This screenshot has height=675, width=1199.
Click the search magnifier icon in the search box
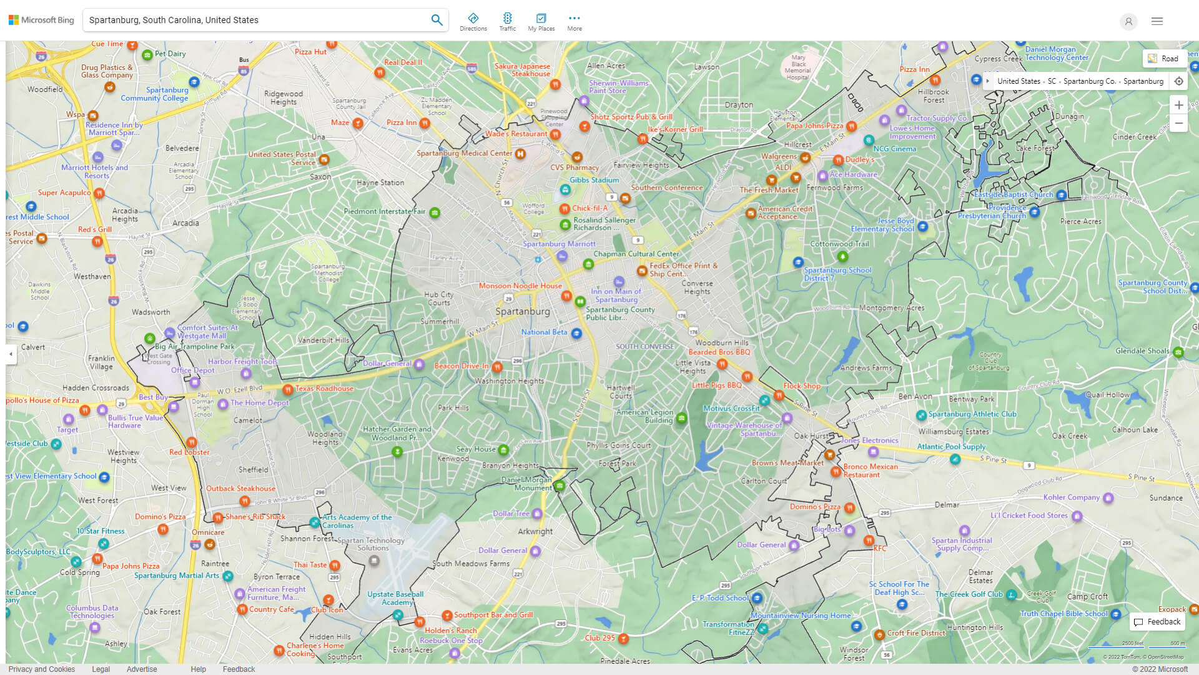tap(437, 20)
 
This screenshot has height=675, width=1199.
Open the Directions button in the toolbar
tap(473, 21)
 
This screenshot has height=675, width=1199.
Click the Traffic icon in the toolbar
tap(507, 21)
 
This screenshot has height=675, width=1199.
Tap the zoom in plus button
tap(1178, 105)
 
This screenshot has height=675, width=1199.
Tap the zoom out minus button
tap(1178, 124)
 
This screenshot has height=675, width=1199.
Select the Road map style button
tap(1163, 59)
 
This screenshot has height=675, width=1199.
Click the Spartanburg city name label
tap(523, 311)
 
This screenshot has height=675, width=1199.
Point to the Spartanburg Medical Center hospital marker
tap(520, 154)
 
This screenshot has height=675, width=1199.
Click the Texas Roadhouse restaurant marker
tap(288, 390)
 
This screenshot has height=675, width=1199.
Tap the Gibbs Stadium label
tap(594, 180)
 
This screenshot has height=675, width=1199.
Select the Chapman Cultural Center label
tap(636, 254)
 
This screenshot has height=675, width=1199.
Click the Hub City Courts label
tap(439, 299)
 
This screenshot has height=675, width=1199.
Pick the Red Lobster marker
tap(192, 443)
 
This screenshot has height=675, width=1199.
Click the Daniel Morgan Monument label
tap(526, 484)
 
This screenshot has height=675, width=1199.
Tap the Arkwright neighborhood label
tap(535, 532)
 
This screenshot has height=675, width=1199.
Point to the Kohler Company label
tap(1071, 497)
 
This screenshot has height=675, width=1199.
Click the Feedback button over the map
tap(1157, 622)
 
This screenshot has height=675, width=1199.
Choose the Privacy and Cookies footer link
tap(42, 669)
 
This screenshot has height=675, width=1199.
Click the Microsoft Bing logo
tap(41, 20)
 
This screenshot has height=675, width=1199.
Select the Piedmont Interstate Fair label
tap(384, 211)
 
